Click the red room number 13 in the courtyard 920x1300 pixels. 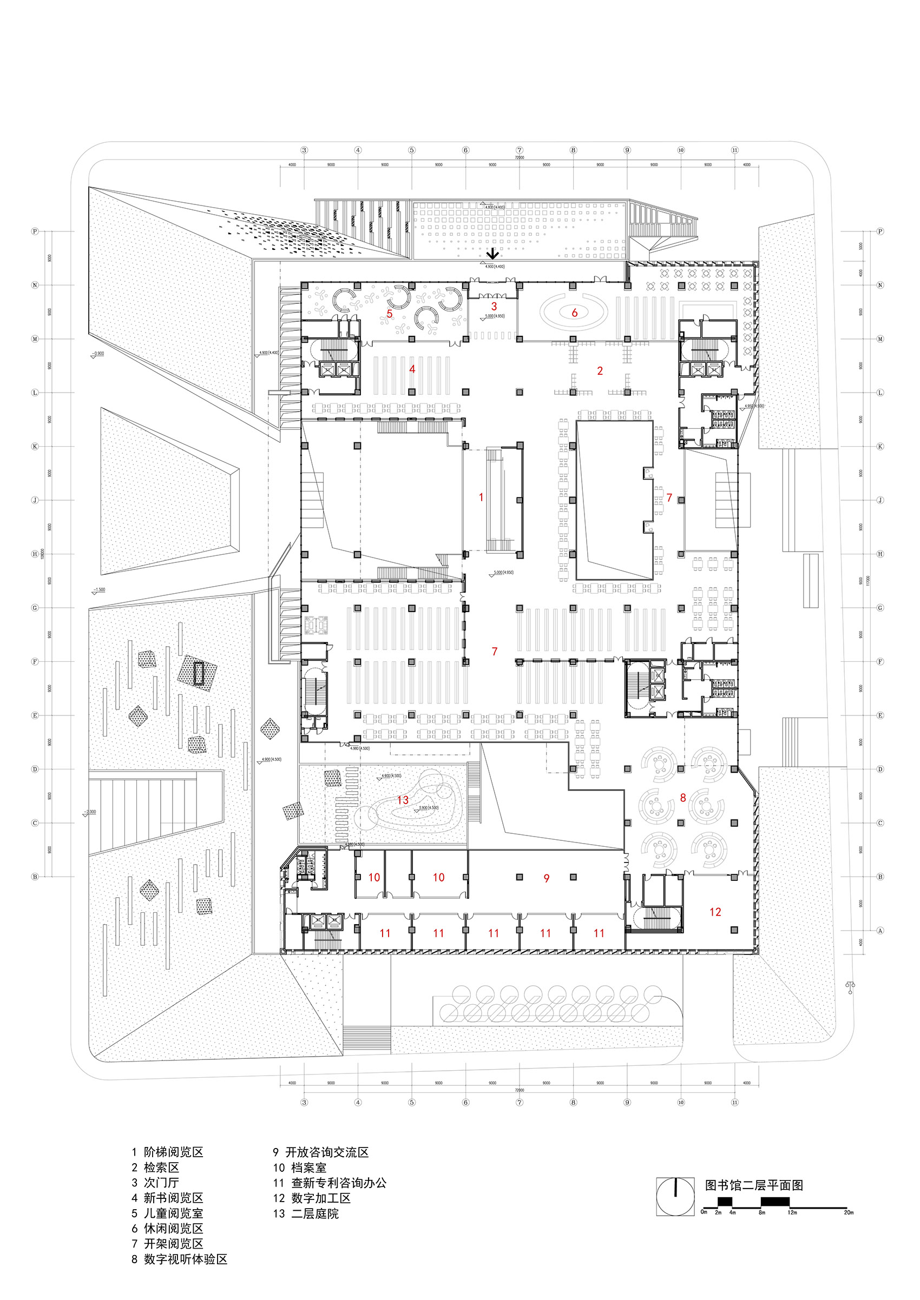[403, 800]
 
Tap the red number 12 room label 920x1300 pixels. [715, 912]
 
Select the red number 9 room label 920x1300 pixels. [546, 878]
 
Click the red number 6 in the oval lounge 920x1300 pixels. [574, 313]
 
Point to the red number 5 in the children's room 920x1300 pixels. [389, 314]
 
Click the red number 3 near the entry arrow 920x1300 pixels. [494, 306]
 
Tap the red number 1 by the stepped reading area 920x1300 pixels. [481, 497]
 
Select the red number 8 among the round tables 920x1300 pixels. [682, 798]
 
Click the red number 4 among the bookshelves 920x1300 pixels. [412, 369]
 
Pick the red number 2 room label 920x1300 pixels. [600, 371]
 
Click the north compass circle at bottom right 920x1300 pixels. [675, 1196]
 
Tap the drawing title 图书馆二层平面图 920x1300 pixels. [753, 1185]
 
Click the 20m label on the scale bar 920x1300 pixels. [848, 1212]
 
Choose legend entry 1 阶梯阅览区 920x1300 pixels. [168, 1152]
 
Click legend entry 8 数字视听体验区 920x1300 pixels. [179, 1259]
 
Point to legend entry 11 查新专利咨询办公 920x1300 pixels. [330, 1183]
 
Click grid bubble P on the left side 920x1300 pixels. [35, 231]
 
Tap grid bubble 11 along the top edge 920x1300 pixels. [735, 150]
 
